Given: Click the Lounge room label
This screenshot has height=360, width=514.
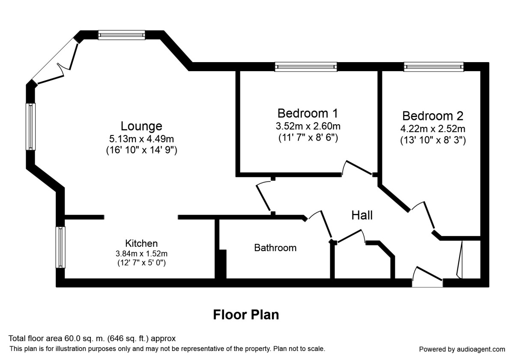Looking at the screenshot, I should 141,126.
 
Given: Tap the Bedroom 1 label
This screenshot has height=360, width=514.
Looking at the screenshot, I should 308,113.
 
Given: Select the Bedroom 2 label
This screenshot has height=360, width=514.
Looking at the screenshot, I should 433,116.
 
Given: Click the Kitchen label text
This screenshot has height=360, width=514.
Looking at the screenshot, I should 141,243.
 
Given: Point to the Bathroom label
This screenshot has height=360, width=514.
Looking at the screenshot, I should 275,248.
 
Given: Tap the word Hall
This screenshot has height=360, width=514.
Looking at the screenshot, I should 362,215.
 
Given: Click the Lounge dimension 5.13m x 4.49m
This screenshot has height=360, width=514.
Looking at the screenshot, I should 141,138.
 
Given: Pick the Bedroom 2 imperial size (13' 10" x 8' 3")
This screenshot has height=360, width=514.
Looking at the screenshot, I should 433,140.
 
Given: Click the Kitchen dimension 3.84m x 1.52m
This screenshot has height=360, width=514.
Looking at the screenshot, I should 141,253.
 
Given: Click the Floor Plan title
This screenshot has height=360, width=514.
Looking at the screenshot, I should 246,315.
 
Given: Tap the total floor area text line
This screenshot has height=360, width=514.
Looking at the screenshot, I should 92,338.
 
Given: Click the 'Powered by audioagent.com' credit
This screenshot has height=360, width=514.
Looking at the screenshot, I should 462,349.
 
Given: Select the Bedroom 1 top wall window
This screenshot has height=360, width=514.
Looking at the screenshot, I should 306,66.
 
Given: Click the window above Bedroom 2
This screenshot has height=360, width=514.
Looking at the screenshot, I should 433,66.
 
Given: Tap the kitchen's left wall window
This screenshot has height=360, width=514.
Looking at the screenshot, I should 61,247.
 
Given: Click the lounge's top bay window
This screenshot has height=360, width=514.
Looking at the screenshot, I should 122,35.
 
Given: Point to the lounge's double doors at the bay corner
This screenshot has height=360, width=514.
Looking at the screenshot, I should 56,60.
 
